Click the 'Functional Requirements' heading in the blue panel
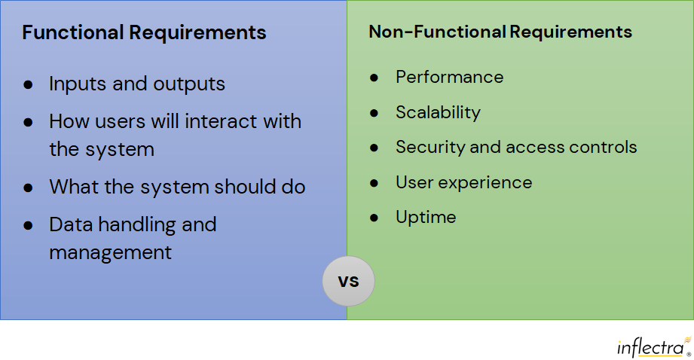tap(144, 33)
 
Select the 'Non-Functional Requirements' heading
tap(500, 32)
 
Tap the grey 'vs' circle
tap(348, 282)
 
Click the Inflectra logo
tap(653, 346)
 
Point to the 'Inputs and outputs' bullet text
tap(137, 84)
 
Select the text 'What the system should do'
tap(177, 187)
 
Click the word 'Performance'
tap(449, 77)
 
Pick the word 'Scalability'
tap(438, 112)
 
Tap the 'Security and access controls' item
tap(516, 147)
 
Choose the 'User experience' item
tap(463, 182)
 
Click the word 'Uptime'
tap(426, 217)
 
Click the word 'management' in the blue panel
tap(110, 252)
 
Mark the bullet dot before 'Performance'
tap(374, 78)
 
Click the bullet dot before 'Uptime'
tap(374, 218)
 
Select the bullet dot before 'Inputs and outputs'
tap(28, 84)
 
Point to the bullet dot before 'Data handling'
tap(28, 225)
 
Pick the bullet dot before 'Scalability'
tap(374, 113)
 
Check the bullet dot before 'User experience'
tap(374, 183)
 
